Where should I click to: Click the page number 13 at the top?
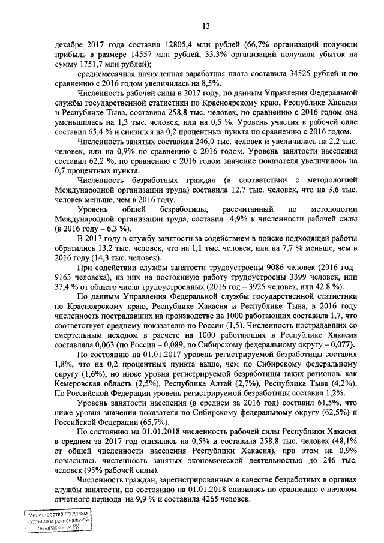[205, 25]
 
